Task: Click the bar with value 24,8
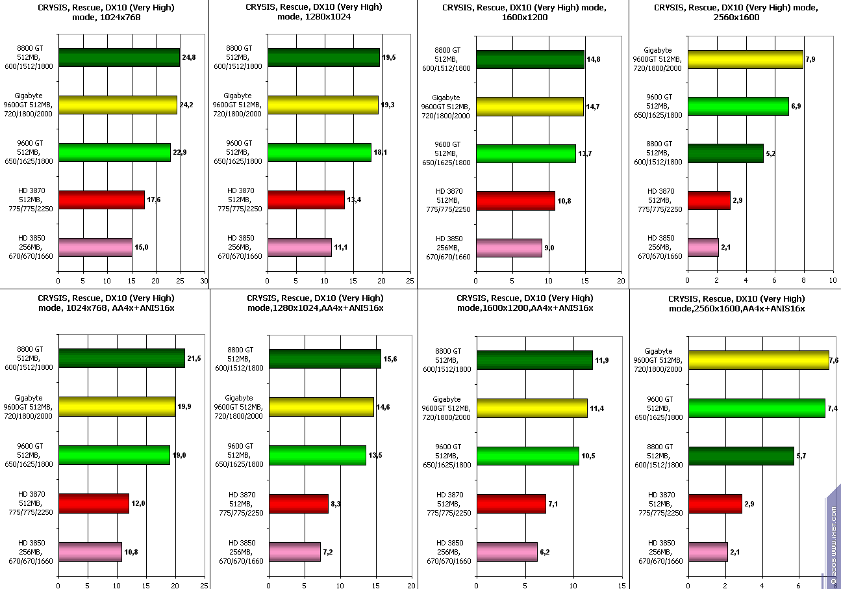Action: click(x=119, y=58)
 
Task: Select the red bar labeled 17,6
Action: click(x=101, y=200)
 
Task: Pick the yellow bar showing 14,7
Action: click(x=529, y=107)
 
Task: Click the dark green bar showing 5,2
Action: click(x=725, y=153)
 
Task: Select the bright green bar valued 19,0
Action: click(x=114, y=455)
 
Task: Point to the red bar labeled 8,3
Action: click(x=299, y=504)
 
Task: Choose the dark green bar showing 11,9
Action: click(x=534, y=360)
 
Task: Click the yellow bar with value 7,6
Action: click(x=759, y=360)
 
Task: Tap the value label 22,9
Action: click(x=180, y=152)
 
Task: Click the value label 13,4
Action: click(x=354, y=200)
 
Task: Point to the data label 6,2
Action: click(x=547, y=551)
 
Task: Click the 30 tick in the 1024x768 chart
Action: click(x=203, y=281)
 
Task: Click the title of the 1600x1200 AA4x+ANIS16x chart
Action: click(x=525, y=303)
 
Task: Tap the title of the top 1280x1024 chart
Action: click(x=314, y=12)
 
